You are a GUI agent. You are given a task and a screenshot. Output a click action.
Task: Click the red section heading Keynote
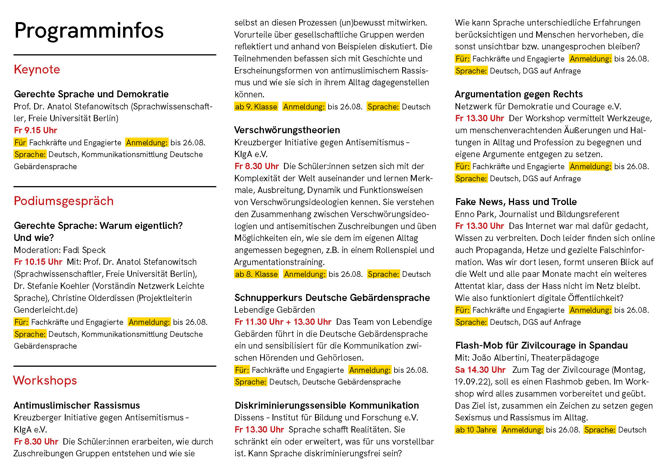(37, 69)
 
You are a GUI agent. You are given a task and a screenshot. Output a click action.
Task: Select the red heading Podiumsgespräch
(64, 201)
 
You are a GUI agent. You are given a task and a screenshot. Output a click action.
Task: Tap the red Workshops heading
(45, 381)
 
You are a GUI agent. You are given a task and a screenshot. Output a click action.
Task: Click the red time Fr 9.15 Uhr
(35, 130)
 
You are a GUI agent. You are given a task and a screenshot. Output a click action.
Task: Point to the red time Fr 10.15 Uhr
(38, 262)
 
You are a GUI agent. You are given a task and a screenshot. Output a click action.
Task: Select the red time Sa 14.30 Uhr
(480, 370)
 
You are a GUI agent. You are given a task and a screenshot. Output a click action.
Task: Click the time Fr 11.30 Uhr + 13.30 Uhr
(283, 322)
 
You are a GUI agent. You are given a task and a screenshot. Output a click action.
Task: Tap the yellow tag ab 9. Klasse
(256, 107)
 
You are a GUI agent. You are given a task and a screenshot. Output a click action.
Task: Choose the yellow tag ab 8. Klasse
(256, 274)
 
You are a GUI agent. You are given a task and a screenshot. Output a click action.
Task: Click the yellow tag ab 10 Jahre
(475, 430)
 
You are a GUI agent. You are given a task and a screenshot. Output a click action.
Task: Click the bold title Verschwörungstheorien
(287, 130)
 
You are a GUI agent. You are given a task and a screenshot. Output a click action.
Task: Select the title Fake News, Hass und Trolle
(516, 202)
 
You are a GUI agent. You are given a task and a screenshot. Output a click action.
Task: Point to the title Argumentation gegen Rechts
(519, 94)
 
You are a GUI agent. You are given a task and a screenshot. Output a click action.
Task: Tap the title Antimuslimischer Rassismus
(77, 406)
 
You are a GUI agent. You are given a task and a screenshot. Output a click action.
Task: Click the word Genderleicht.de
(46, 310)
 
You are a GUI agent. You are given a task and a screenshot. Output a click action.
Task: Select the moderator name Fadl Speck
(84, 250)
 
